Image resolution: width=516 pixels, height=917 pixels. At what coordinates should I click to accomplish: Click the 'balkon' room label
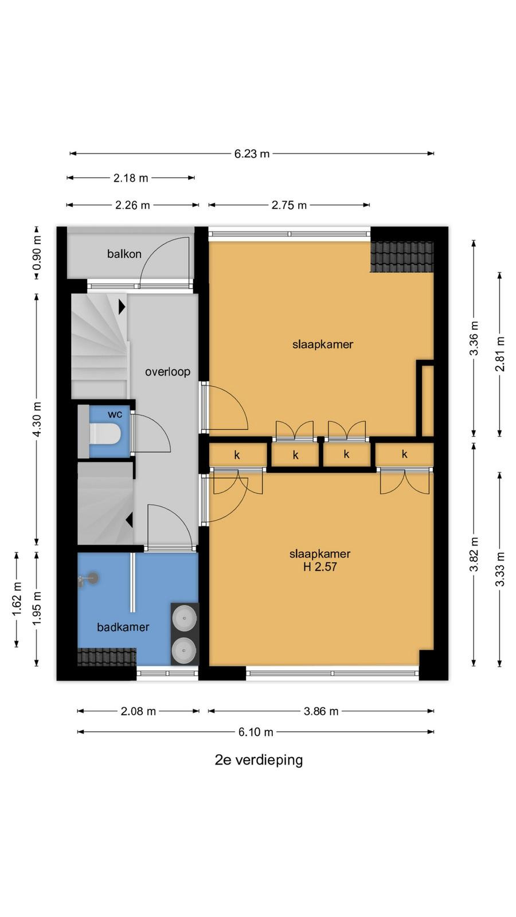click(124, 254)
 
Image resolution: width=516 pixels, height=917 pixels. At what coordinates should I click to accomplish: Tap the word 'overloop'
click(167, 372)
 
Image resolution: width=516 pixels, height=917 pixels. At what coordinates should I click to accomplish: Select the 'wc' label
click(115, 414)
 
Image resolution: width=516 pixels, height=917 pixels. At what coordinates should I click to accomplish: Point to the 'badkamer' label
click(123, 627)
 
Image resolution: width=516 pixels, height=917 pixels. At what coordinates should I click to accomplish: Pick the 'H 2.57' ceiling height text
click(320, 567)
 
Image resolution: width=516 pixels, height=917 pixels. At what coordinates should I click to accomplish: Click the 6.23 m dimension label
click(252, 154)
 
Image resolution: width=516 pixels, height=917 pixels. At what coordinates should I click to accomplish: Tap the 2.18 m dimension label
click(131, 178)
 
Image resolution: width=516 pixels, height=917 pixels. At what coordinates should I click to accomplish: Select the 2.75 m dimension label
click(289, 205)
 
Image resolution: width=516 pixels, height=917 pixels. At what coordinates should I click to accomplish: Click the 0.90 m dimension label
click(37, 253)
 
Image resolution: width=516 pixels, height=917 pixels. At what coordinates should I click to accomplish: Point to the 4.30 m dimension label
click(37, 419)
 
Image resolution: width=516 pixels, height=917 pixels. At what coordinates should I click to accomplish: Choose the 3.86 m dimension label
click(321, 711)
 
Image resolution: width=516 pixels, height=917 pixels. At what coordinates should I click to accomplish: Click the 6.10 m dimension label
click(256, 732)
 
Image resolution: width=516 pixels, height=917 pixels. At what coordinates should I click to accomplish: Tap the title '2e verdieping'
click(259, 760)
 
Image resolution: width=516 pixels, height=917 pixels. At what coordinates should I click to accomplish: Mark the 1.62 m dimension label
click(17, 599)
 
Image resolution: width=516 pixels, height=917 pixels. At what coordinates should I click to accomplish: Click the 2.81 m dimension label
click(499, 354)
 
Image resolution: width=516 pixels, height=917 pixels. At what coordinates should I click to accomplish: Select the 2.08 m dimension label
click(138, 711)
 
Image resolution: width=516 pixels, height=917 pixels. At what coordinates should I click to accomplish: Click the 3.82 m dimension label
click(474, 554)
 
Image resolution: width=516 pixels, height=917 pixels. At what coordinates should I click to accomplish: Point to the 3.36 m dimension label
click(474, 339)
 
